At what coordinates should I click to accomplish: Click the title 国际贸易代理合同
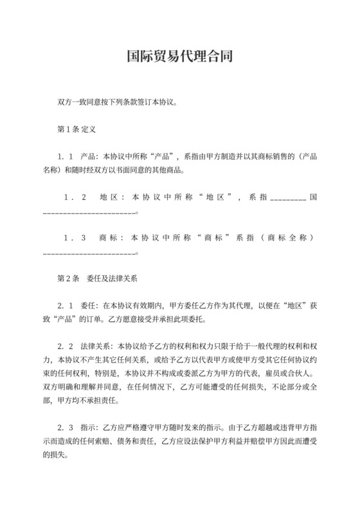pos(179,57)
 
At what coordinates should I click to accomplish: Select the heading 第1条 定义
pos(76,129)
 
